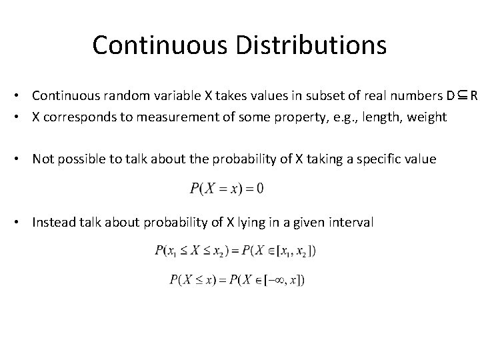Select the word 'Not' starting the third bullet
[x=43, y=159]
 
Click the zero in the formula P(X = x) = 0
[x=259, y=189]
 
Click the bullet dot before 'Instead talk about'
[x=23, y=222]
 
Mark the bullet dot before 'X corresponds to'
[x=23, y=117]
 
